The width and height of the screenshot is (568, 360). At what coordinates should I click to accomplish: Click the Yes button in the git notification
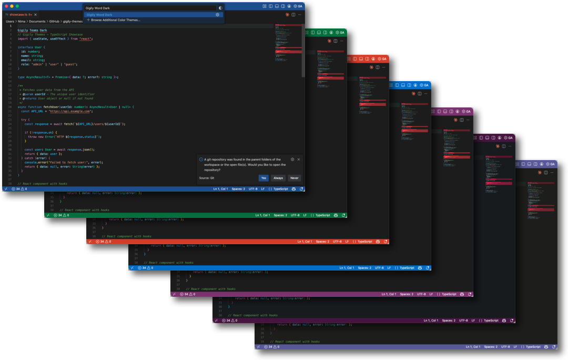coord(263,178)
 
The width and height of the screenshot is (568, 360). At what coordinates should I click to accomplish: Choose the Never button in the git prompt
coord(295,178)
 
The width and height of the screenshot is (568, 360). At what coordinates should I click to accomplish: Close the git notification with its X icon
coord(299,159)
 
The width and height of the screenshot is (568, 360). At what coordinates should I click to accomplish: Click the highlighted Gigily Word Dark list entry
coord(99,15)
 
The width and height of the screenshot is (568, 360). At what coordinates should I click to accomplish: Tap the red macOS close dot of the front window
coord(6,6)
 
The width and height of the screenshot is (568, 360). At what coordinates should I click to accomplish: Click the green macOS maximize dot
coord(17,6)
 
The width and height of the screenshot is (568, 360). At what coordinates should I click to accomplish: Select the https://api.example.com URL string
coord(70,111)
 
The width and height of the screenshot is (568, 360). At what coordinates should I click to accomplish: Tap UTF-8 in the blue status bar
coord(253,188)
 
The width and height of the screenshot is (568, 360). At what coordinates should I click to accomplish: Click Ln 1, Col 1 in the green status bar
coord(262,215)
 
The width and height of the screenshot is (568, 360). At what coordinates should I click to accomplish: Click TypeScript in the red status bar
coord(365,241)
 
